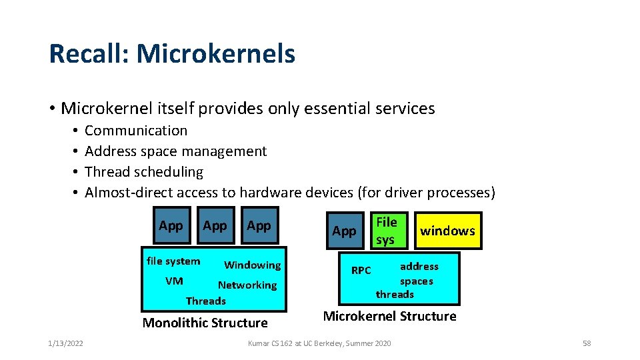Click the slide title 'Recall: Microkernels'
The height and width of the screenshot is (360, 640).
(x=172, y=53)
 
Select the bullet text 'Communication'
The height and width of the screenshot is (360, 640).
(x=136, y=131)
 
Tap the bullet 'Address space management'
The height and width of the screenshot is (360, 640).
(x=175, y=151)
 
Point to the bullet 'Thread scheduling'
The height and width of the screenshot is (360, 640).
(x=143, y=172)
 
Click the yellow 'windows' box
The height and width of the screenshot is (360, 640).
(x=447, y=231)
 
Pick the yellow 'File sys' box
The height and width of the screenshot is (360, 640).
(x=386, y=231)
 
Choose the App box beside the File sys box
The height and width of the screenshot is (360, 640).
(x=344, y=231)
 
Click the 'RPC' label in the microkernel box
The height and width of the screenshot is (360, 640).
(x=361, y=270)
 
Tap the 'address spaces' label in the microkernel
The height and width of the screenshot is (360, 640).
(x=418, y=273)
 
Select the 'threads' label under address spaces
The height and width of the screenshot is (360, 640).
(x=395, y=294)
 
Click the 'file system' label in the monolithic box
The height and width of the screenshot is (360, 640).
(x=173, y=261)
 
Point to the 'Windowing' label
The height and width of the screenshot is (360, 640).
(x=252, y=265)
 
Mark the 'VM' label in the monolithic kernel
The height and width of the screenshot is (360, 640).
(x=174, y=281)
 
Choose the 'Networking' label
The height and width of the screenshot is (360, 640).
(x=247, y=285)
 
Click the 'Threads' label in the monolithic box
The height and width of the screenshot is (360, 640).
(x=205, y=301)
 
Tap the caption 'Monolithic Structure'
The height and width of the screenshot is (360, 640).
(x=205, y=323)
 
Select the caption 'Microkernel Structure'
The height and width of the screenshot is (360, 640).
(x=389, y=316)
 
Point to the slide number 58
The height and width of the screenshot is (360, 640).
(x=586, y=343)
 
